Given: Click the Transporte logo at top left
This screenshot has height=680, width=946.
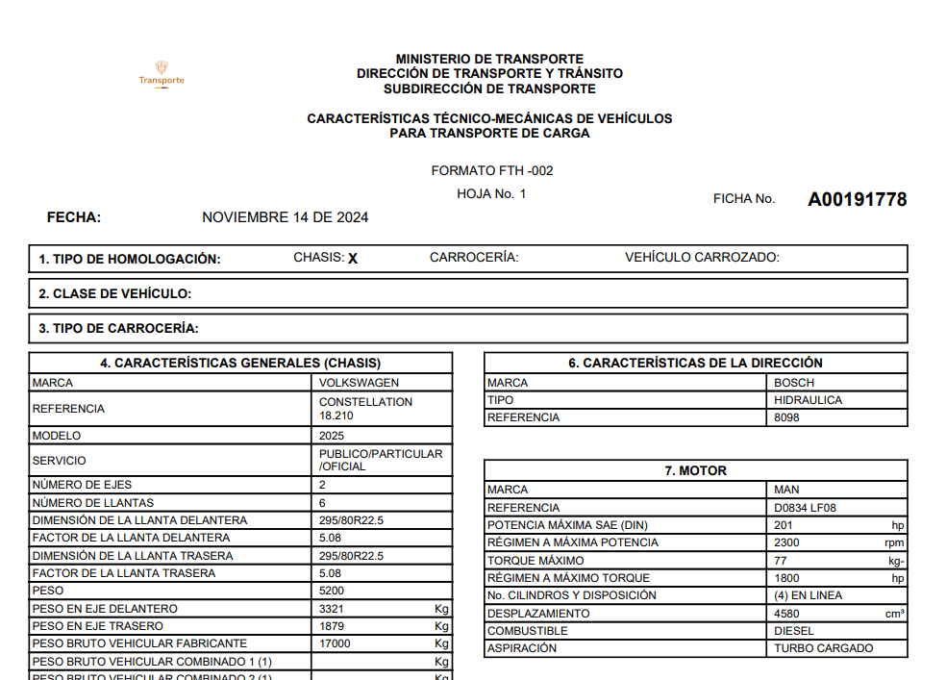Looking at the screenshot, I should click(x=162, y=73).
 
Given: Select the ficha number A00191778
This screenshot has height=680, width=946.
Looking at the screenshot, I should click(x=857, y=200).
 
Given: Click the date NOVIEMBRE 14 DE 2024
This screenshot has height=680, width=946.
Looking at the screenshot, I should click(x=285, y=217).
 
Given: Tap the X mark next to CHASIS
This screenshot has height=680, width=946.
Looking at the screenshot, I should click(x=353, y=259).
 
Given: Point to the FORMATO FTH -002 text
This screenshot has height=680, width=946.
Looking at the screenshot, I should click(x=492, y=171).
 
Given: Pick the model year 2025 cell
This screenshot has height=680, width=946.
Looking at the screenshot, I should click(x=332, y=436).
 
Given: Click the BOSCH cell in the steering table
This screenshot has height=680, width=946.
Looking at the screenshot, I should click(x=794, y=383).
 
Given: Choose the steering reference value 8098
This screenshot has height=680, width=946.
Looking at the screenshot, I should click(x=786, y=418).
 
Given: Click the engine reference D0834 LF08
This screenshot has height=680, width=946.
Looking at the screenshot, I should click(x=810, y=508).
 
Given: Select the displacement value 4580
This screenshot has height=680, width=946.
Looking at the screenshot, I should click(x=787, y=614).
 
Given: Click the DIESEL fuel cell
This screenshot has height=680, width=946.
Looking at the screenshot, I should click(x=794, y=631).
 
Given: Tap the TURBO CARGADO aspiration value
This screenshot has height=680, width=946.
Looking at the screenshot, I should click(x=824, y=648).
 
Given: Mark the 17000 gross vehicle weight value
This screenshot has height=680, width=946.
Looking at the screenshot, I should click(x=335, y=643).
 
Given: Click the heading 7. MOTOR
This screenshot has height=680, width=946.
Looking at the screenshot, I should click(x=695, y=471).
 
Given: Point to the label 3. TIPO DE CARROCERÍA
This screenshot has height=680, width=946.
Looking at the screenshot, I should click(x=118, y=328).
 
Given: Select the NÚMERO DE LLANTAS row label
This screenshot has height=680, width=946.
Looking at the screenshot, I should click(x=93, y=503).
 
